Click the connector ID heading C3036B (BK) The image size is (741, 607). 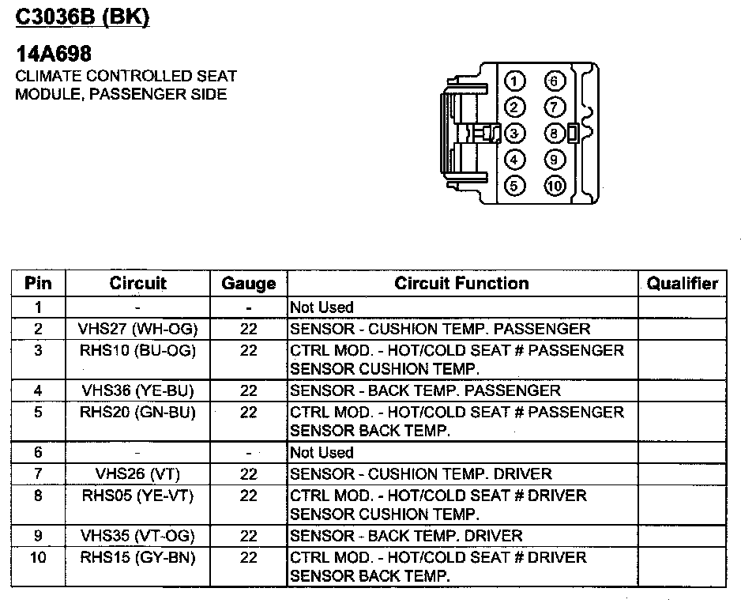[x=83, y=17]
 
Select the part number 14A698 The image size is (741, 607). [x=54, y=54]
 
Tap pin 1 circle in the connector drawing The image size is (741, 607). [x=514, y=81]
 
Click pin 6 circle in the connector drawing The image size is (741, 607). [x=555, y=81]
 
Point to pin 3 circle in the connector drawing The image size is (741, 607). [x=514, y=134]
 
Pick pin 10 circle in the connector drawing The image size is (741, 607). [x=555, y=187]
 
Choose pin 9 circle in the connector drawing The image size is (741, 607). [x=555, y=160]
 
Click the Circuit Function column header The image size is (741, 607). [x=462, y=283]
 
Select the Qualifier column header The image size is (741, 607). [x=682, y=283]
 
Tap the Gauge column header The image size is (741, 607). [x=248, y=283]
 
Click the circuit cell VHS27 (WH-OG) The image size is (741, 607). [x=137, y=329]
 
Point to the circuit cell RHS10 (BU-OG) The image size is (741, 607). [x=137, y=350]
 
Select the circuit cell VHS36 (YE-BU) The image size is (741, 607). [x=137, y=390]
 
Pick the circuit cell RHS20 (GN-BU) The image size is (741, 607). [x=137, y=412]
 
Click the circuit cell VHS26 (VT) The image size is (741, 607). [x=137, y=474]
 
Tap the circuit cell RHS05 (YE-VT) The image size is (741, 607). [x=137, y=496]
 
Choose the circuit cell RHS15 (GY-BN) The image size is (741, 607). [x=137, y=557]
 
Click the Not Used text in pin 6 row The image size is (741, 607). [x=322, y=453]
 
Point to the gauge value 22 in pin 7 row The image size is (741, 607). [x=248, y=474]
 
